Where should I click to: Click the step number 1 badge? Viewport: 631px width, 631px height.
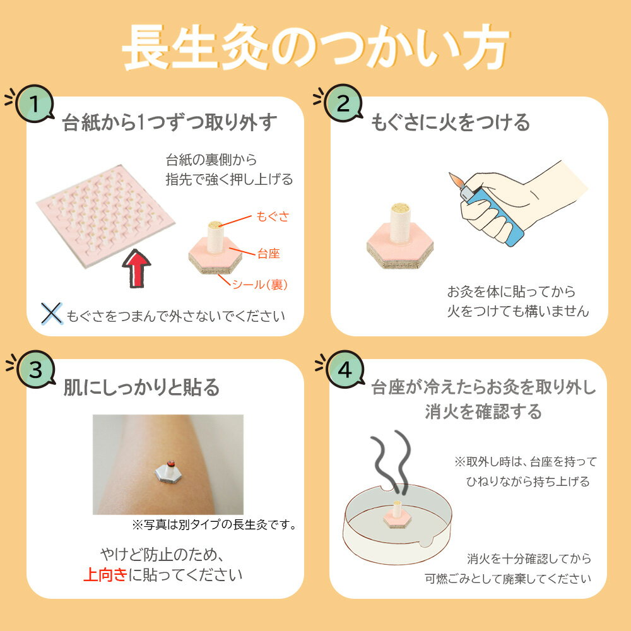point(35,103)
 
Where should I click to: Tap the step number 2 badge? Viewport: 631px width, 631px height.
point(343,103)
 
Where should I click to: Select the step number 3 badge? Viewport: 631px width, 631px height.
point(36,369)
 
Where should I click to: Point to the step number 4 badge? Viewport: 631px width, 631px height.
point(345,369)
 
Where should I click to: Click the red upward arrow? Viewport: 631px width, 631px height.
point(136,268)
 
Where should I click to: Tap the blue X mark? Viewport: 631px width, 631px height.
point(52,314)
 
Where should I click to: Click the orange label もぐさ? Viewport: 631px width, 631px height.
point(273,216)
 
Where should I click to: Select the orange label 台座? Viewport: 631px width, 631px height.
point(268,254)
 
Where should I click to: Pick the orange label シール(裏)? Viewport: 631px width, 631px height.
point(260,285)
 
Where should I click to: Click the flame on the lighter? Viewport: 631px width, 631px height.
point(456,180)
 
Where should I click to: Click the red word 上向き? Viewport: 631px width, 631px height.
point(105,575)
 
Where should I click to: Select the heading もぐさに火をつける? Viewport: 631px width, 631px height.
point(451,122)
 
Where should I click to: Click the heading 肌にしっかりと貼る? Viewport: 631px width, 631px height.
point(141,387)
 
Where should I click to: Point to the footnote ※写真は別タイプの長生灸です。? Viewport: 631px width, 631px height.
point(215,525)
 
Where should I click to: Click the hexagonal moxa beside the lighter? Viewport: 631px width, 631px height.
point(400,236)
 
